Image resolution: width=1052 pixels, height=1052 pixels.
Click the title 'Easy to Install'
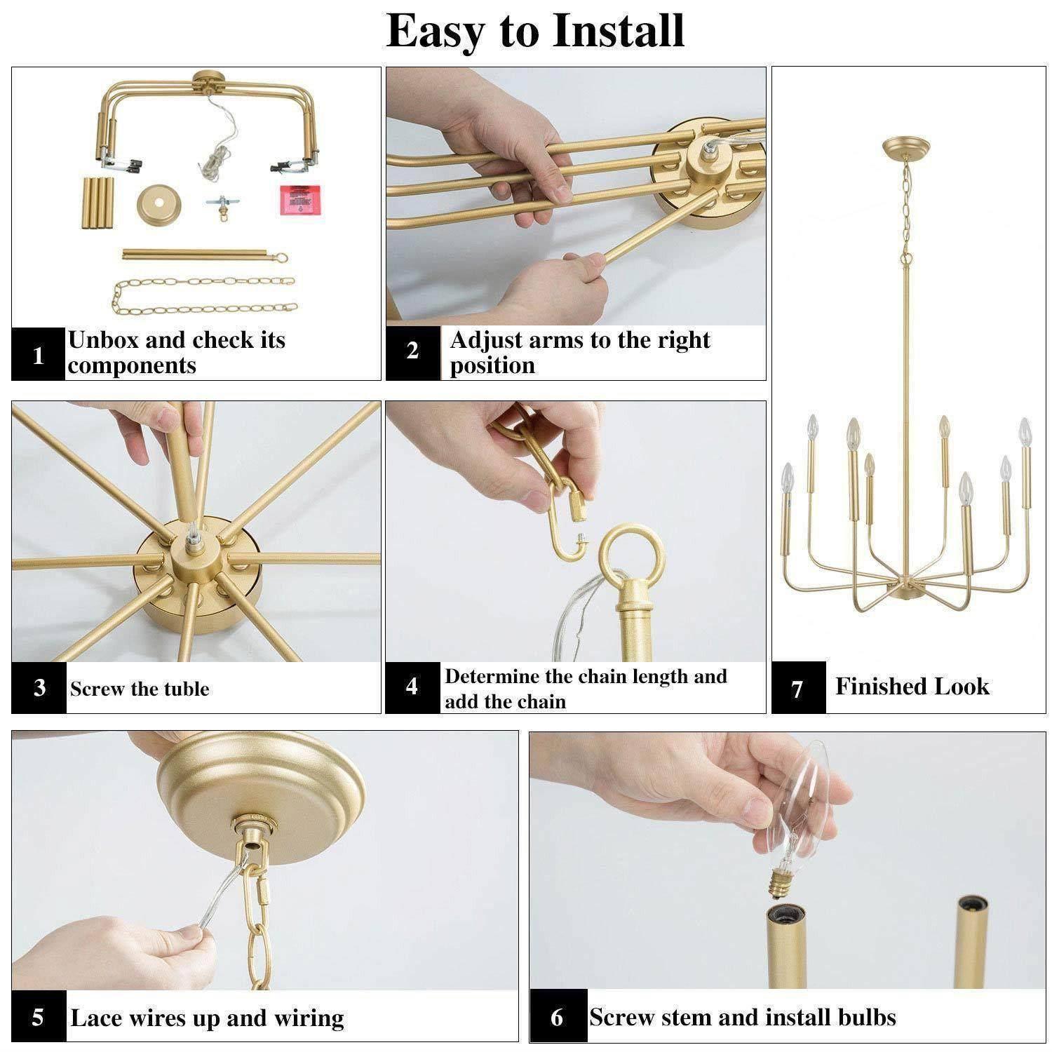pyautogui.click(x=535, y=31)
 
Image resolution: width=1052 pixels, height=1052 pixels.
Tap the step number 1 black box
pyautogui.click(x=39, y=355)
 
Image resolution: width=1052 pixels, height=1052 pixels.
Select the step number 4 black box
pyautogui.click(x=412, y=687)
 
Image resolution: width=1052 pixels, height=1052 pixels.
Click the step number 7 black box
pyautogui.click(x=798, y=688)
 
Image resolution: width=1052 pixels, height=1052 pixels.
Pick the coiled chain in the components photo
pyautogui.click(x=203, y=295)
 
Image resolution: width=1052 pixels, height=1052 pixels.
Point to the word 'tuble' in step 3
pyautogui.click(x=186, y=689)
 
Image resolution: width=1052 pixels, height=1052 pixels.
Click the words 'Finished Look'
pyautogui.click(x=912, y=686)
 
